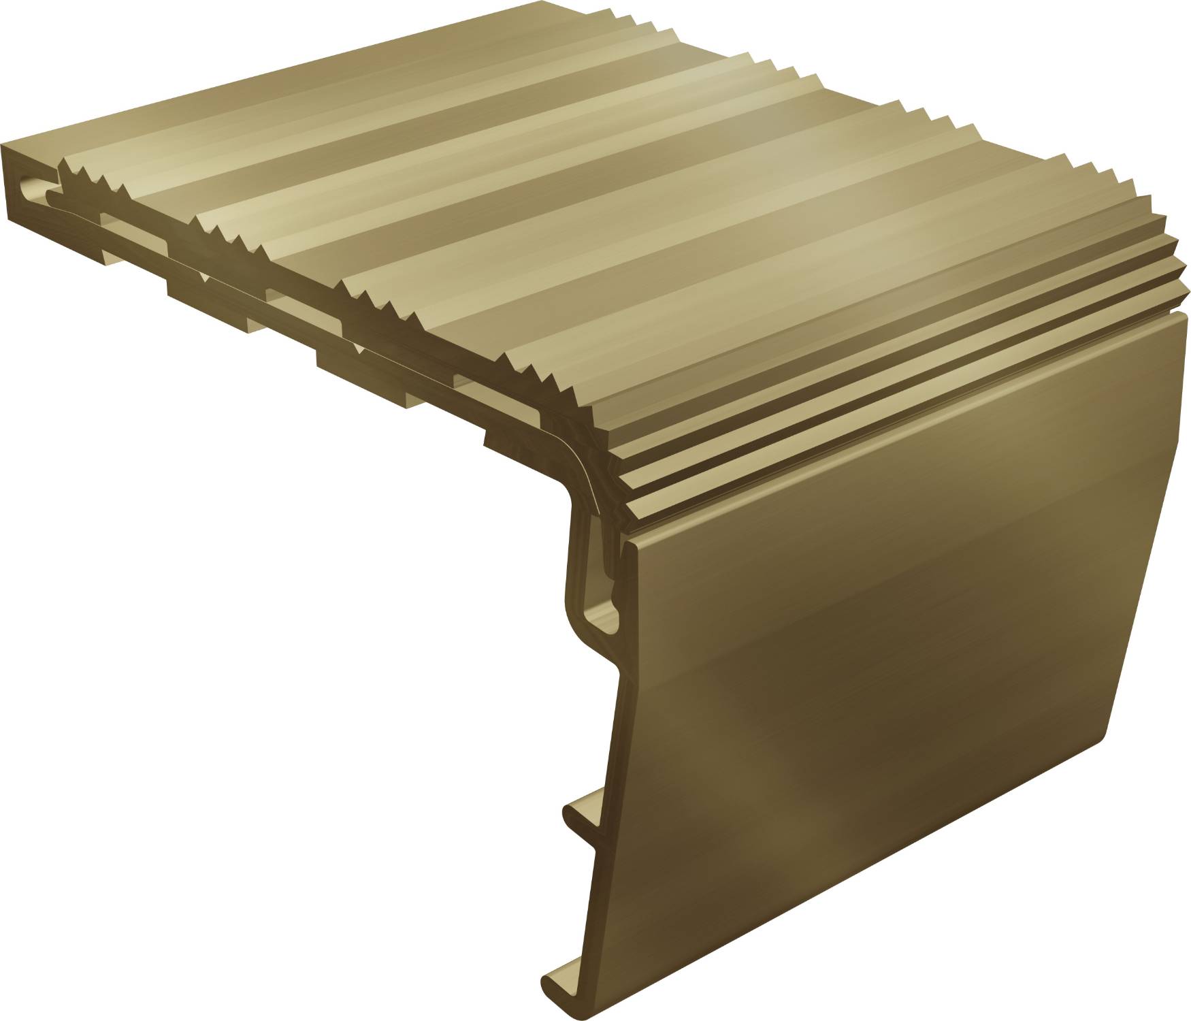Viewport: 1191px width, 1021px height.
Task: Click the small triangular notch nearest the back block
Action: pyautogui.click(x=204, y=279)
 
